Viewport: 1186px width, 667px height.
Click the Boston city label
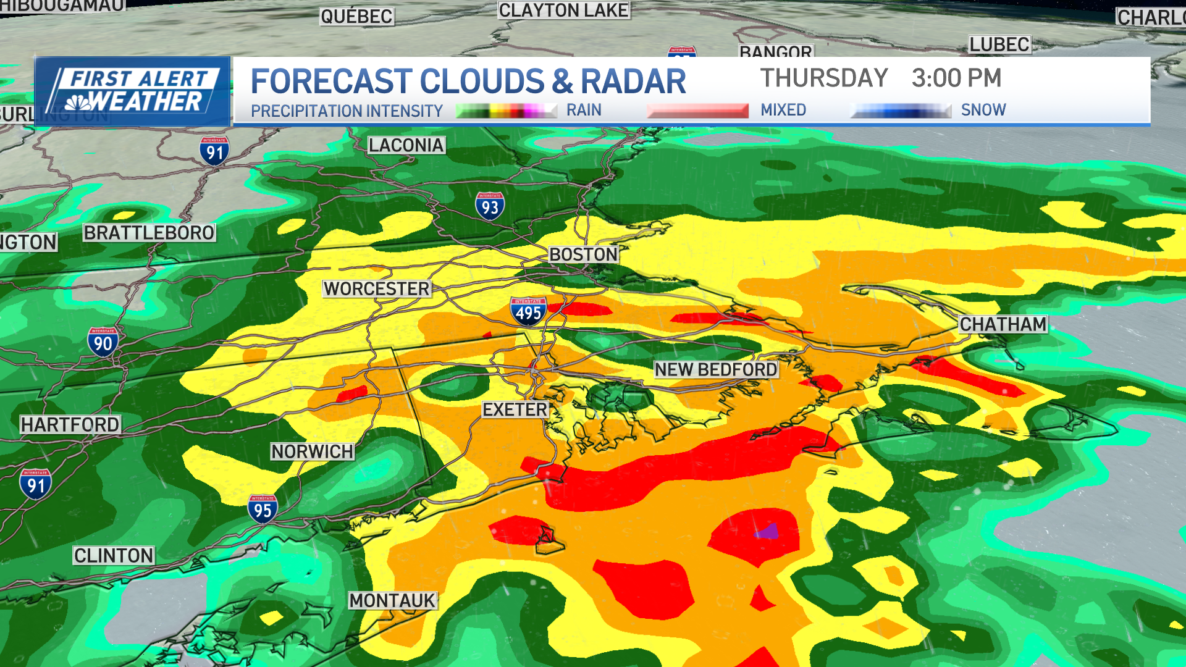click(583, 254)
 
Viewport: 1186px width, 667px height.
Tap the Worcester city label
click(376, 288)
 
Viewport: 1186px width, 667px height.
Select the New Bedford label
click(715, 369)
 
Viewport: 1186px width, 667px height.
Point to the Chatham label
click(1003, 324)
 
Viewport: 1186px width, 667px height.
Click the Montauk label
click(392, 600)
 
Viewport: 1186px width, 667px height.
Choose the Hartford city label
click(70, 424)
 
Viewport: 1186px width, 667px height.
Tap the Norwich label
click(312, 451)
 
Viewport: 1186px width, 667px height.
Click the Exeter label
click(515, 409)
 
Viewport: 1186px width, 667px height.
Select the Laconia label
click(406, 145)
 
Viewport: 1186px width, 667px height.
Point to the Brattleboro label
click(149, 233)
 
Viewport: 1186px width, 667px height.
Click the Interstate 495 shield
click(528, 311)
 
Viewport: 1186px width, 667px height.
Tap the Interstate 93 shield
click(490, 206)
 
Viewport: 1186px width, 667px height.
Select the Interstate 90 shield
click(103, 342)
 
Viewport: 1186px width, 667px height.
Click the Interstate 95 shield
click(263, 509)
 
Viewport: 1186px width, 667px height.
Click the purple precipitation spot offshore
click(768, 531)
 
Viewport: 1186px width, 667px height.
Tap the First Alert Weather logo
click(132, 91)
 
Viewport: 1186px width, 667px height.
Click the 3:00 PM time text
click(956, 78)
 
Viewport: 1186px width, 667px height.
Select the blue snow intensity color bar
click(901, 111)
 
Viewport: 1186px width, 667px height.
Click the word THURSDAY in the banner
click(823, 78)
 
